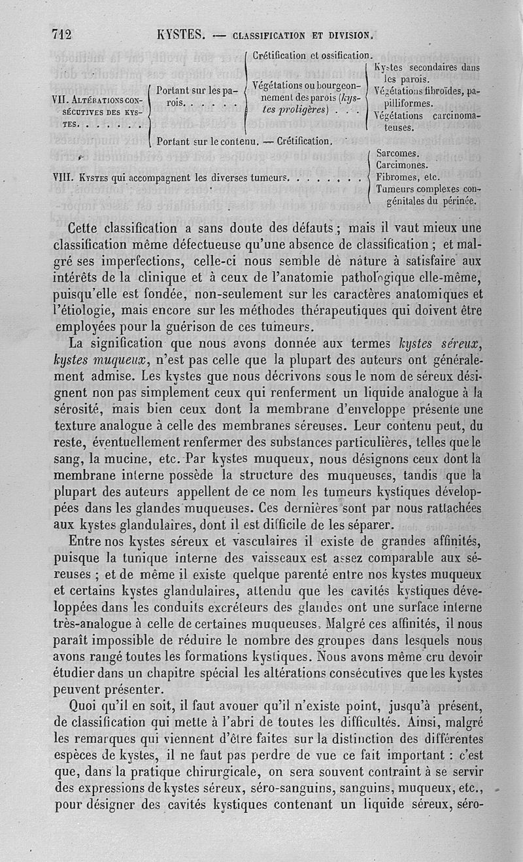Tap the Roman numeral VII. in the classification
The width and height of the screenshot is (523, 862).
61,101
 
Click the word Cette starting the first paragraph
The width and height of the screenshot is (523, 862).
90,230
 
